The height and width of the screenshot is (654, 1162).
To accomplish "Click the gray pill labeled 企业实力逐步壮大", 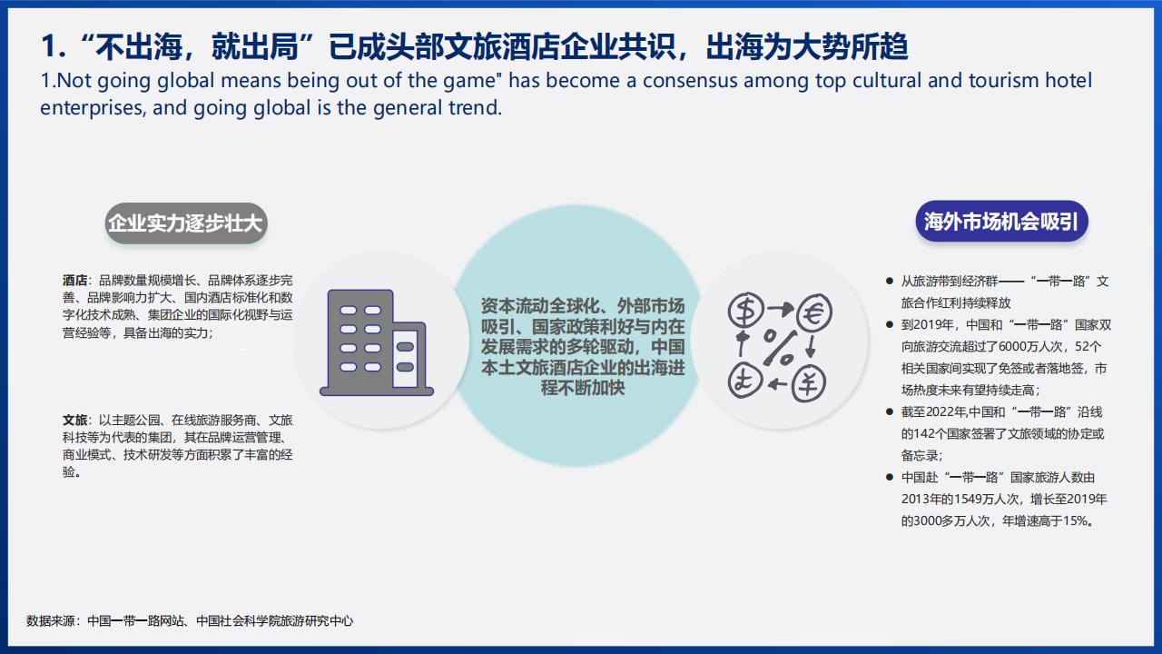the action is tap(186, 223).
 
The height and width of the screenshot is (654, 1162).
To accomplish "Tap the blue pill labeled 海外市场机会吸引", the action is tap(1001, 222).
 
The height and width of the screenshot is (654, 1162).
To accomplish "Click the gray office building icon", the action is tap(377, 342).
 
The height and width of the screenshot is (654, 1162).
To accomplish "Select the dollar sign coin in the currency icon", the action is tap(746, 310).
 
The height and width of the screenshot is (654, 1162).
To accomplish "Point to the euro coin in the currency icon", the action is tap(814, 312).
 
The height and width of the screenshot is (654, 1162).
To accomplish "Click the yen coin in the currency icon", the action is tap(808, 383).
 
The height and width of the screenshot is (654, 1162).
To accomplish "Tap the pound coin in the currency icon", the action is tap(745, 381).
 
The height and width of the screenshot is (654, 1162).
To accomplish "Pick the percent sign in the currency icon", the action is tap(779, 347).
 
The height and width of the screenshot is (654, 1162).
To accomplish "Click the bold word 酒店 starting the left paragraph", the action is tap(74, 281).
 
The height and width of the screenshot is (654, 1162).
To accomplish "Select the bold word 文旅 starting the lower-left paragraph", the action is tap(74, 420).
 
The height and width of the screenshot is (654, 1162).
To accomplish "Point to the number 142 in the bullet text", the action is tap(924, 434).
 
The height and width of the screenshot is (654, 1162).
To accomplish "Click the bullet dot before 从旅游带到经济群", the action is tap(890, 281).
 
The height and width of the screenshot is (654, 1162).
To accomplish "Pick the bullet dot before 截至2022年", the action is tap(890, 412).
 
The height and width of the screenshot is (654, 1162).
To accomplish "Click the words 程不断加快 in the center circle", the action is tap(583, 388).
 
